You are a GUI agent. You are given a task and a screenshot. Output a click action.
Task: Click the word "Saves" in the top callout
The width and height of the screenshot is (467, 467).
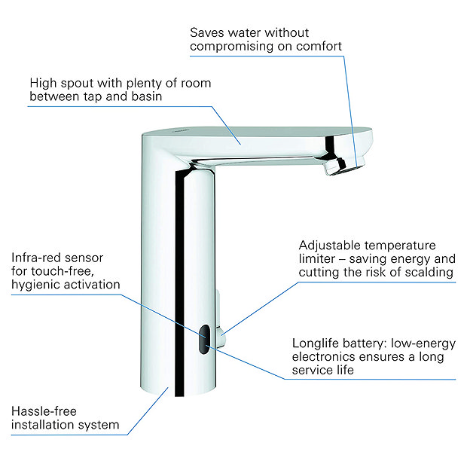tap(207, 33)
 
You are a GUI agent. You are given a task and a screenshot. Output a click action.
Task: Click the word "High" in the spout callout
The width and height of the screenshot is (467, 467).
tap(44, 82)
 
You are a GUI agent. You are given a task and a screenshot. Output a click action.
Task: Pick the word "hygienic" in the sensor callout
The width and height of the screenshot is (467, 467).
tap(35, 285)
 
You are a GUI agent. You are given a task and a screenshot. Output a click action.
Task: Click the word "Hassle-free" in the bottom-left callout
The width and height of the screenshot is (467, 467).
tap(43, 411)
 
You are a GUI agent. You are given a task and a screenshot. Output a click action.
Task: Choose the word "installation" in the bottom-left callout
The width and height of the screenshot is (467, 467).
tap(44, 426)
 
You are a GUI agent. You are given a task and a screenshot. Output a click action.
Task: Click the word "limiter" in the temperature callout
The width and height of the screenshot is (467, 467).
tap(319, 259)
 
